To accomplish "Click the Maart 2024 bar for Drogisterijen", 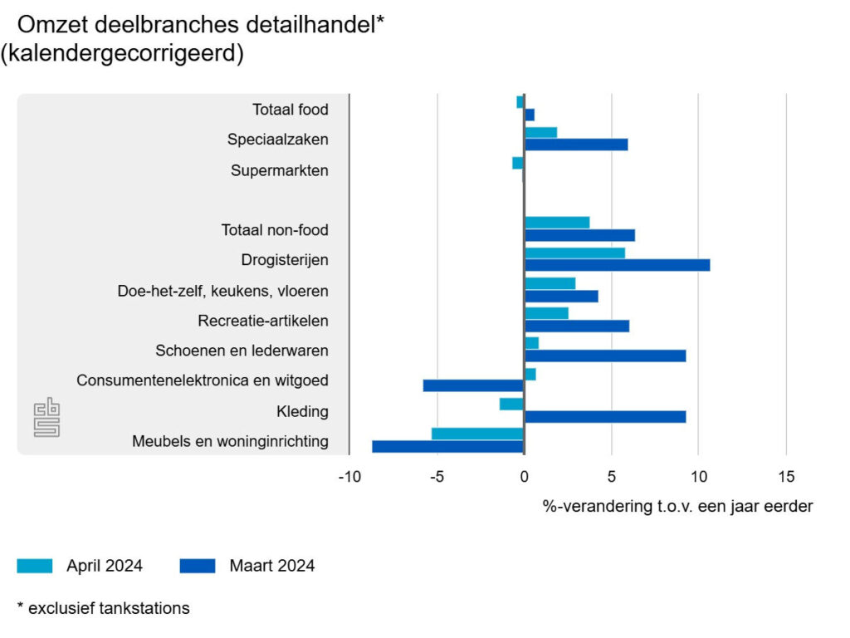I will click(617, 265).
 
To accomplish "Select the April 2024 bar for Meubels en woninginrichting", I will click(477, 434).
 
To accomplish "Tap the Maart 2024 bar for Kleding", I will click(605, 416).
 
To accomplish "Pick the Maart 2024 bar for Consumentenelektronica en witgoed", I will click(473, 385).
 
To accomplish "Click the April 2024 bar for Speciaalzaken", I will click(540, 133).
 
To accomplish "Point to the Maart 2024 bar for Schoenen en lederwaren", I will click(605, 356).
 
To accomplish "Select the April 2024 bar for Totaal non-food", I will click(557, 223).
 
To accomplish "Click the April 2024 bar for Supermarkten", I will click(518, 163).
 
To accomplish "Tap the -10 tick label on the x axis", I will click(349, 477).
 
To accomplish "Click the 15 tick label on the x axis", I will click(786, 477).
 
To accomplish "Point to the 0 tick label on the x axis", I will click(524, 477).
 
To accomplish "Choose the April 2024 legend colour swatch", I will click(35, 566).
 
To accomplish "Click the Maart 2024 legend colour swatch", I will click(198, 566).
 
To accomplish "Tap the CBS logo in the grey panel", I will click(46, 416).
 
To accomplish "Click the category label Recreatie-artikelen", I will click(263, 321).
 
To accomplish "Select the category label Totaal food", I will click(291, 110).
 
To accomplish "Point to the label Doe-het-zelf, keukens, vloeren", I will click(223, 291).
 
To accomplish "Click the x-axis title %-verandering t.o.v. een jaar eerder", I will click(677, 506).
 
